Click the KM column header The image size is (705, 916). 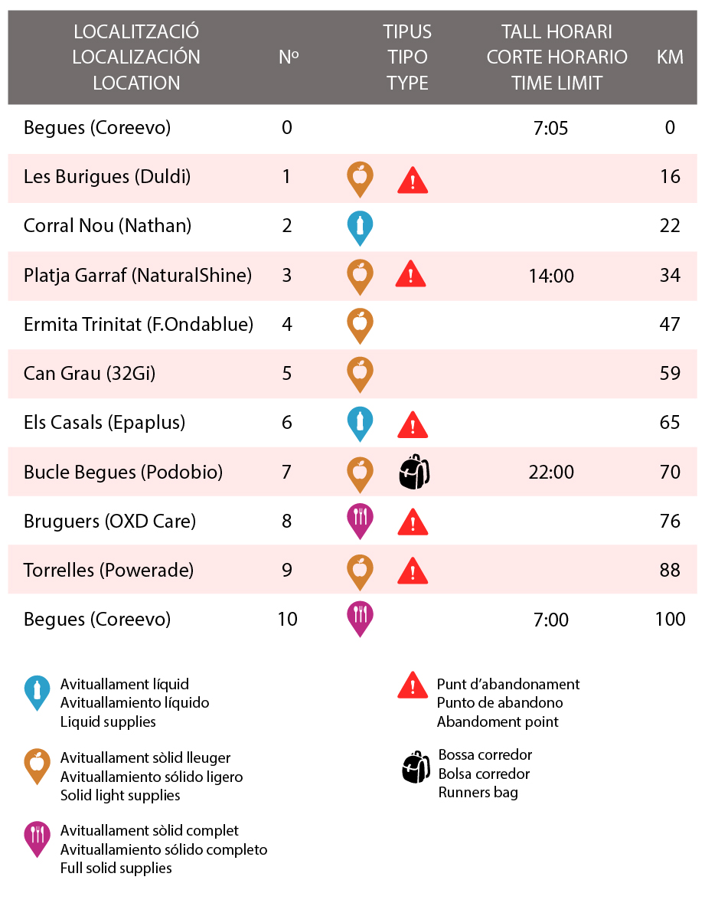click(x=669, y=57)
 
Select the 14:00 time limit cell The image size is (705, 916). click(x=551, y=276)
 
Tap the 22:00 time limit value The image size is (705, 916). click(x=551, y=472)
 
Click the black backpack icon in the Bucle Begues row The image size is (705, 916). click(x=414, y=472)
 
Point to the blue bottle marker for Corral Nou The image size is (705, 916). click(x=360, y=227)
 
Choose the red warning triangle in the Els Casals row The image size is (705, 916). click(x=413, y=425)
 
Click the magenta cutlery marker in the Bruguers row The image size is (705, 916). click(x=360, y=521)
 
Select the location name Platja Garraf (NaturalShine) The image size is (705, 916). click(x=137, y=275)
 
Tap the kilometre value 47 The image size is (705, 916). click(x=669, y=324)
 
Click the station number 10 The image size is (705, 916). click(x=287, y=620)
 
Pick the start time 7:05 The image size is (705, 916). click(x=550, y=128)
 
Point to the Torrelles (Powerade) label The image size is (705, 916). click(x=108, y=570)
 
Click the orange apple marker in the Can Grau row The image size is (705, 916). click(x=360, y=375)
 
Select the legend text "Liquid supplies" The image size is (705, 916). click(x=108, y=722)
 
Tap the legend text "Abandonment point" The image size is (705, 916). click(x=497, y=722)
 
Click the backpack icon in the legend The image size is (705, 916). click(x=416, y=767)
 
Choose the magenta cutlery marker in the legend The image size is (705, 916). click(x=37, y=839)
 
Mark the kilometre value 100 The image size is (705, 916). click(x=670, y=620)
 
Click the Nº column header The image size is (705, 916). click(x=289, y=57)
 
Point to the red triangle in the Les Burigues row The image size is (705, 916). click(x=413, y=179)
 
